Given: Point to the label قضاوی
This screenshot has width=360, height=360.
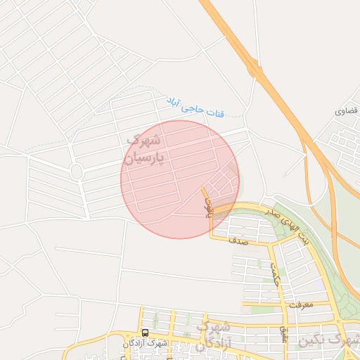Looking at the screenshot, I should [347, 112].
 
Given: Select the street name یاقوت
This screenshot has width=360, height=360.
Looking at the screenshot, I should [207, 205].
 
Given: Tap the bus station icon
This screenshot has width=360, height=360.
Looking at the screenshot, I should [145, 332].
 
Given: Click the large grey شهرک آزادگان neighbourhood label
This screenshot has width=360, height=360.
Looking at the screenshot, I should [213, 336].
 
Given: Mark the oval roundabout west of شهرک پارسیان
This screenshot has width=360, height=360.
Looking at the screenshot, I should [77, 172].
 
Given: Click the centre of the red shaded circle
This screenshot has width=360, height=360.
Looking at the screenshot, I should [180, 179].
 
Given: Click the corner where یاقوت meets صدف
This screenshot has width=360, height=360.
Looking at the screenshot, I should [211, 238].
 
